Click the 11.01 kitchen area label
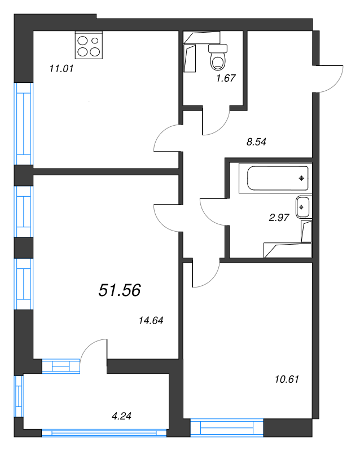(x=62, y=69)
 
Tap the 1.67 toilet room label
(x=226, y=78)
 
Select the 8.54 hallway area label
(x=256, y=142)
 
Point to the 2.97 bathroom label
(x=279, y=218)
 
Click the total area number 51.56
(x=120, y=290)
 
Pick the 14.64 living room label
(x=151, y=320)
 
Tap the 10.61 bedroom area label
(x=287, y=379)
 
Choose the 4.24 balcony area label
(x=121, y=416)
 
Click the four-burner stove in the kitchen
(x=89, y=45)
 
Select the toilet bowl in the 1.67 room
(x=218, y=58)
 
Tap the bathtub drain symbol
(x=301, y=178)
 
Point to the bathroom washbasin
(x=302, y=207)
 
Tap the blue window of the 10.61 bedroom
(x=227, y=427)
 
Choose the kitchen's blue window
(x=24, y=123)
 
